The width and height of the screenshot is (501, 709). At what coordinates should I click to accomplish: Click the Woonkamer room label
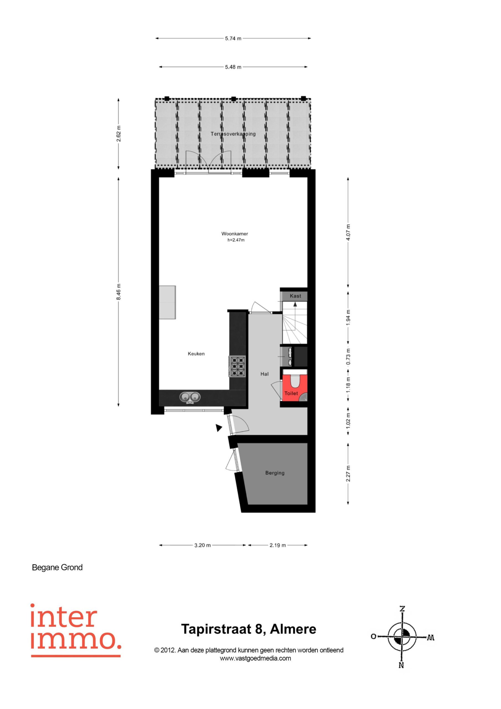pyautogui.click(x=235, y=234)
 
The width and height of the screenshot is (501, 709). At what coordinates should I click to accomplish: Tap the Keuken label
pyautogui.click(x=196, y=354)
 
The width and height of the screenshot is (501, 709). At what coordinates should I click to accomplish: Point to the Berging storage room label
pyautogui.click(x=275, y=473)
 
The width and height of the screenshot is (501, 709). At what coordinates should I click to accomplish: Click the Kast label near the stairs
pyautogui.click(x=295, y=296)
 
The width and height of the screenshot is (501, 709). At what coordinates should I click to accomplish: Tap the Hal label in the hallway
pyautogui.click(x=265, y=374)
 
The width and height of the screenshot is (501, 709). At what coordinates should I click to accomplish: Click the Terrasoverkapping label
pyautogui.click(x=233, y=134)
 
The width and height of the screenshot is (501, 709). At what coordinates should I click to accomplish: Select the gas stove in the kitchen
pyautogui.click(x=237, y=366)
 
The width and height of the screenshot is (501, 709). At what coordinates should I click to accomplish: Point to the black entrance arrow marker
pyautogui.click(x=219, y=428)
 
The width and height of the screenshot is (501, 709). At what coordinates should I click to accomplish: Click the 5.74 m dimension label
pyautogui.click(x=233, y=38)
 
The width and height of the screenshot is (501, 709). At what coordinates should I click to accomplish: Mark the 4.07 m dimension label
pyautogui.click(x=348, y=232)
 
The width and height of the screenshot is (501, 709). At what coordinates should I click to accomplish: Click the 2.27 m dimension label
pyautogui.click(x=348, y=473)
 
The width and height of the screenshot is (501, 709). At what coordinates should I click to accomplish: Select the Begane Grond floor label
pyautogui.click(x=57, y=567)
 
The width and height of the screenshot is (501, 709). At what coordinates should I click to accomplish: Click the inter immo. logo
pyautogui.click(x=76, y=630)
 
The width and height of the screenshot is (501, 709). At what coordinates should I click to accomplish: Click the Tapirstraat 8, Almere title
pyautogui.click(x=249, y=629)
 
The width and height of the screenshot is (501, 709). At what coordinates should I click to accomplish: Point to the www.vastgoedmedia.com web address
pyautogui.click(x=255, y=658)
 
